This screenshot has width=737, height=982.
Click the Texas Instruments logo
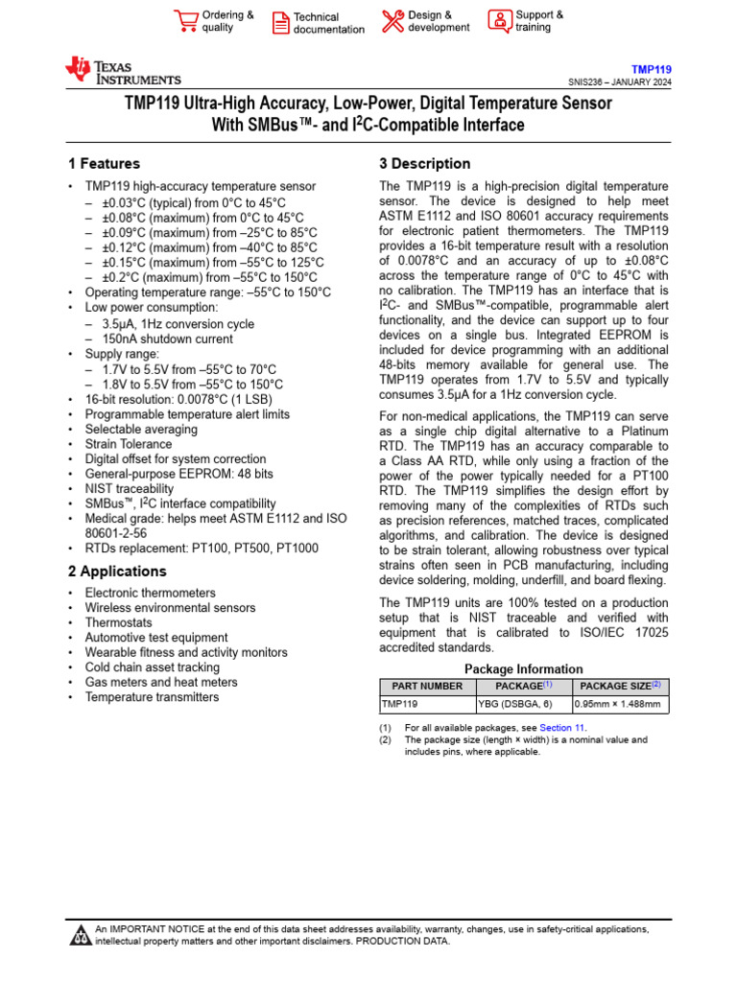pos(122,71)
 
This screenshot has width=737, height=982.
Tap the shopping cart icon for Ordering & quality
pos(185,21)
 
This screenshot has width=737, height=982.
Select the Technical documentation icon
pos(280,23)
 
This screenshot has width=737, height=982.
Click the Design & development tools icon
pos(392,21)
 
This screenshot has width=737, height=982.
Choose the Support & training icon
pos(500,21)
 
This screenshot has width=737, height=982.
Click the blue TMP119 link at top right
pos(651,69)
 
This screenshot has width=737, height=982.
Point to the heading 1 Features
pos(104,164)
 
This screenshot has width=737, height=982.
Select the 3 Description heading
pos(425,164)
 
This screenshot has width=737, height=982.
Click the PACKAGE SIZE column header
pos(621,686)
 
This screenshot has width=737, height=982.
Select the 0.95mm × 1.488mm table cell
pos(617,705)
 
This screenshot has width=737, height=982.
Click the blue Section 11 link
pos(561,728)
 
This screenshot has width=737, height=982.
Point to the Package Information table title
pos(523,668)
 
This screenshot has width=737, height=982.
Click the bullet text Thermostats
pos(118,622)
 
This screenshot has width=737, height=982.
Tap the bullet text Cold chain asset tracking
pos(152,667)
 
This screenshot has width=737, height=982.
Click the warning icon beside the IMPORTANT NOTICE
pos(80,935)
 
